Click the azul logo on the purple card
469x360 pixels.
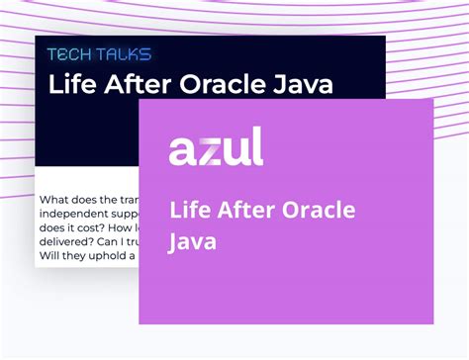(216, 148)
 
